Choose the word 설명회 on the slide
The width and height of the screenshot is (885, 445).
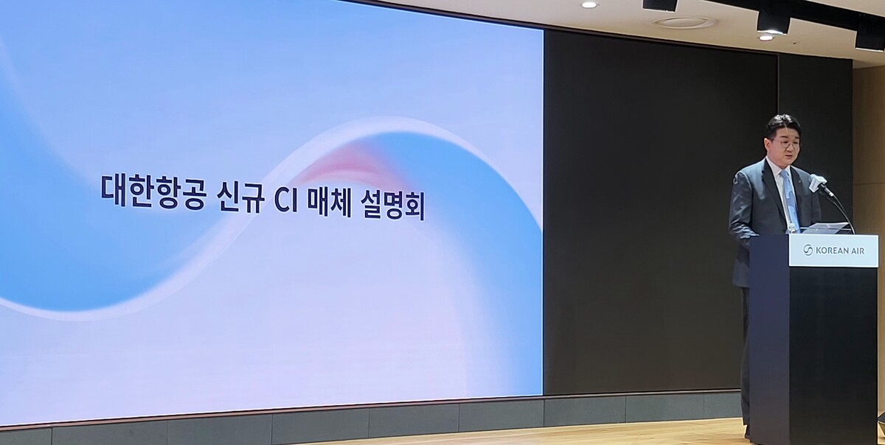pos(392,202)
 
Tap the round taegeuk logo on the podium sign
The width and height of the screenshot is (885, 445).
pos(808,250)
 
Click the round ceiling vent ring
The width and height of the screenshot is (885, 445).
pos(684,23)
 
